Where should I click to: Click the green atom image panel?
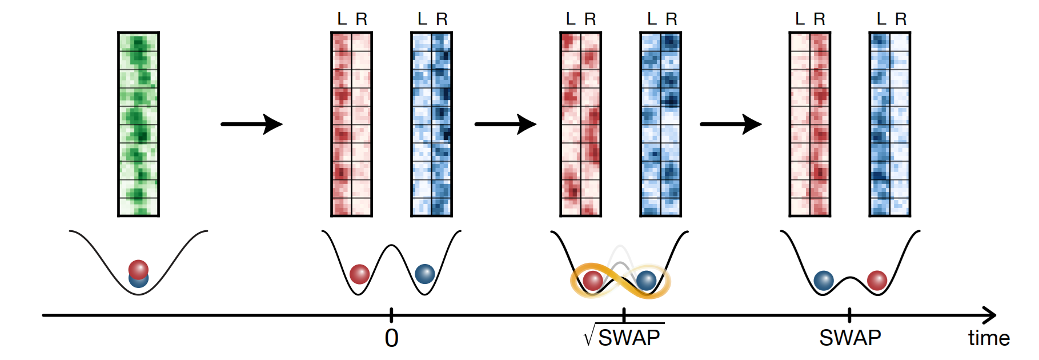tap(138, 124)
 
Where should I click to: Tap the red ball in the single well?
tap(138, 269)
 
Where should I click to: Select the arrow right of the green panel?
tap(251, 124)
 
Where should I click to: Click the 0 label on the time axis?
tap(391, 338)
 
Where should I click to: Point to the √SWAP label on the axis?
tap(624, 337)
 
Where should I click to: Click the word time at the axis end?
tap(989, 338)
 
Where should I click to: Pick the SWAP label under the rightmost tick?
tap(850, 338)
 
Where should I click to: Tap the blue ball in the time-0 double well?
tap(424, 274)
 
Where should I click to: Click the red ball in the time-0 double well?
tap(359, 274)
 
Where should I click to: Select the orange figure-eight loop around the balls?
tap(620, 281)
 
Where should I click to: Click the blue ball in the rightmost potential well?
tap(823, 281)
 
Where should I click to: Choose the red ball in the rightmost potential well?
tap(877, 281)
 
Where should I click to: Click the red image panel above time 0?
tap(351, 124)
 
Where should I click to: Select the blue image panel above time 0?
tap(432, 124)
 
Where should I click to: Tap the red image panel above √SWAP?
tap(580, 124)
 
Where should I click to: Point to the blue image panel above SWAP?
tap(889, 124)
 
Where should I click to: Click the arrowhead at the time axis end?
tap(991, 315)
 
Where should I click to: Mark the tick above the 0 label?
tap(391, 314)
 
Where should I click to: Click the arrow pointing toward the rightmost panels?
tap(731, 124)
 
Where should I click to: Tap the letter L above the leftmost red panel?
tap(342, 19)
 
